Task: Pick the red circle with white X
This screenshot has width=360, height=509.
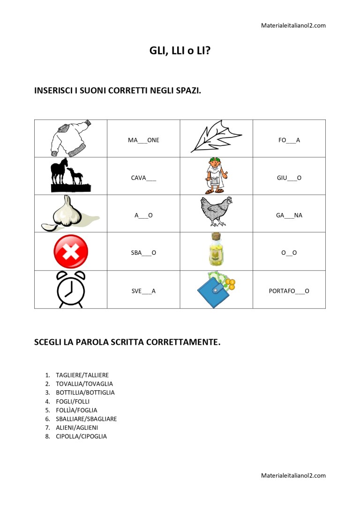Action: coord(71,251)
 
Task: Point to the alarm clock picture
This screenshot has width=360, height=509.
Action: coord(71,289)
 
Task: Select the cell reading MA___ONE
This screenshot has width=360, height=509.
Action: coord(143,140)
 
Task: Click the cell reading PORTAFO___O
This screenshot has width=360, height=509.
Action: coord(289,291)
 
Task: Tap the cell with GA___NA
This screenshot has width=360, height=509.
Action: coord(289,215)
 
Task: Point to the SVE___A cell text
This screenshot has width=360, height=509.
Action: coord(143,291)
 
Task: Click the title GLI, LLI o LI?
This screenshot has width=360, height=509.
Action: coord(180,52)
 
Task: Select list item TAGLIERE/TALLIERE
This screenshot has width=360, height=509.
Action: coord(82,375)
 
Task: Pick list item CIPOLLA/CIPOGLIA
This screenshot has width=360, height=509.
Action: coord(81,436)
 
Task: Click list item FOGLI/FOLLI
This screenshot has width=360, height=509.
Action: coord(73,401)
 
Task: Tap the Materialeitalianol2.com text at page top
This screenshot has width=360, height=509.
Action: coord(293,25)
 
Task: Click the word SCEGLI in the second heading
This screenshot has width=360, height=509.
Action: coord(48,342)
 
